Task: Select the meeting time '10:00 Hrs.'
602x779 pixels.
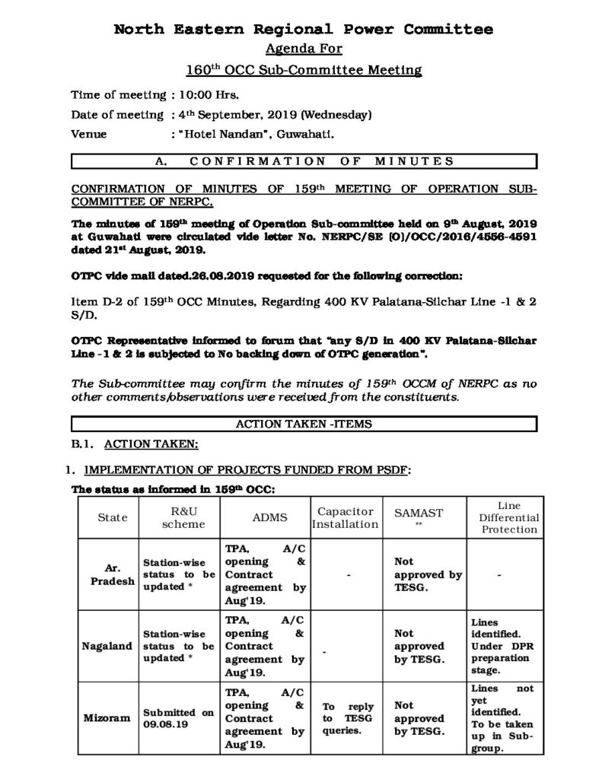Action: (x=206, y=95)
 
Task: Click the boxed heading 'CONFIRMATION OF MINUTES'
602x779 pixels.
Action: (x=304, y=161)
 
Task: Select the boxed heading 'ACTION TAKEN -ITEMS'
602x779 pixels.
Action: (x=304, y=424)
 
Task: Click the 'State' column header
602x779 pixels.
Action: (x=113, y=517)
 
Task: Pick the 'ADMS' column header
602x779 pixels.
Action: (x=263, y=517)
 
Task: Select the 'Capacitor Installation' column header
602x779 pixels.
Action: (x=346, y=517)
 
